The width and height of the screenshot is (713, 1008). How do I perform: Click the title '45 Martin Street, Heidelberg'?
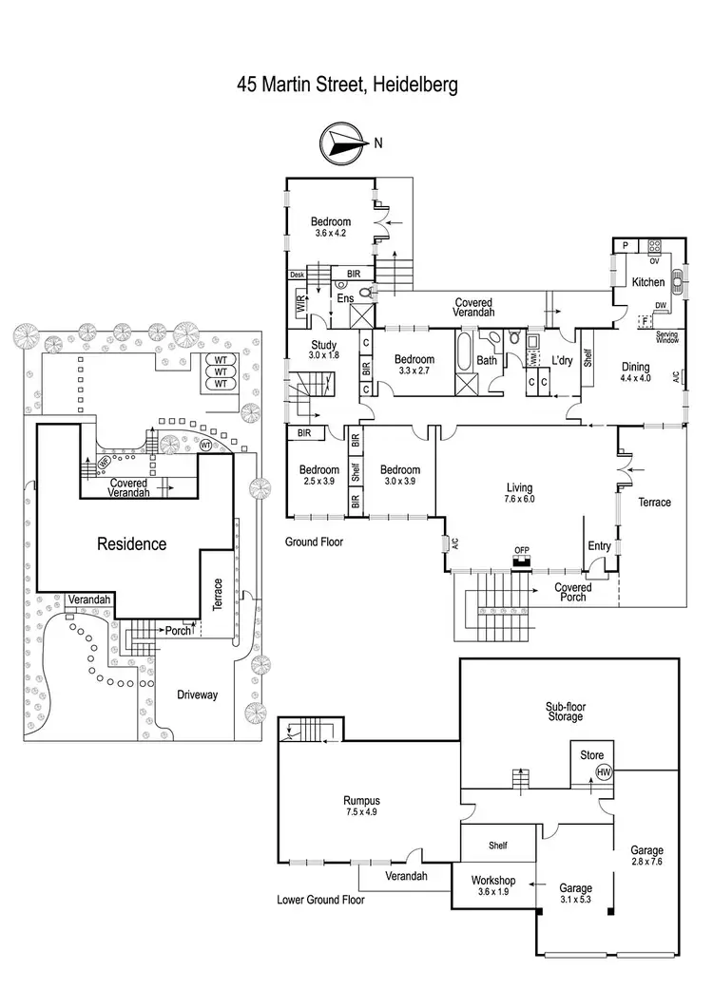[x=348, y=85]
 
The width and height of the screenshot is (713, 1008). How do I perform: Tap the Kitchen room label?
[x=649, y=282]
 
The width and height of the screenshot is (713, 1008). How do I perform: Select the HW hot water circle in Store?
[x=603, y=772]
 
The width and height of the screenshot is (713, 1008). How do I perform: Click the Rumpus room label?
[x=361, y=805]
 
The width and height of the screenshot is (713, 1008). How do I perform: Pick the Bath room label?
[x=487, y=360]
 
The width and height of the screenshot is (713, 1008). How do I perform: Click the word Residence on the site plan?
[x=132, y=544]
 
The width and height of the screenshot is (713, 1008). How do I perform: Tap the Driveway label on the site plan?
[x=197, y=694]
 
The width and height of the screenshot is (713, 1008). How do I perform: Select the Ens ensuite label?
[x=346, y=298]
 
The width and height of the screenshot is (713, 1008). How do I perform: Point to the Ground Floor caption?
[x=315, y=542]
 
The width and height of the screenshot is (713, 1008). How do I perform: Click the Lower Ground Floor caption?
[x=321, y=899]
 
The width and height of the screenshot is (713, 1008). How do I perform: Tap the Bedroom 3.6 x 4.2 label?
[x=332, y=226]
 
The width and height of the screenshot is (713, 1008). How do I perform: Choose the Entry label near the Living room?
[x=600, y=545]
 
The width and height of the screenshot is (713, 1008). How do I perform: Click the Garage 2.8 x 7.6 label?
[x=646, y=855]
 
